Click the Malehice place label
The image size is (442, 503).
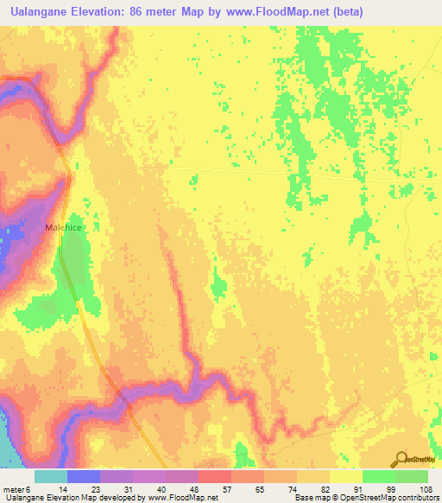tap(63, 227)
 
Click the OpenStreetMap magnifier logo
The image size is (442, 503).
tap(401, 460)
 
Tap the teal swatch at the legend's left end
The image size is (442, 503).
tap(51, 476)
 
